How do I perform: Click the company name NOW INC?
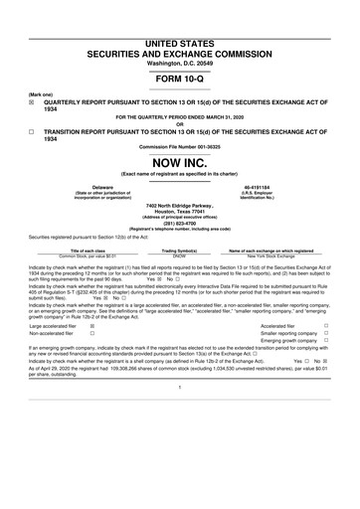point(180,161)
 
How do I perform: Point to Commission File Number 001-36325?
point(180,147)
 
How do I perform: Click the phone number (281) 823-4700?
point(180,223)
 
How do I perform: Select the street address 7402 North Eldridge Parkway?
point(180,205)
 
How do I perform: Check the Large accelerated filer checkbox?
point(92,324)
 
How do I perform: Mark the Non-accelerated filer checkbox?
point(92,333)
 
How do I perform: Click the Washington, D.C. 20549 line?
point(180,36)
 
